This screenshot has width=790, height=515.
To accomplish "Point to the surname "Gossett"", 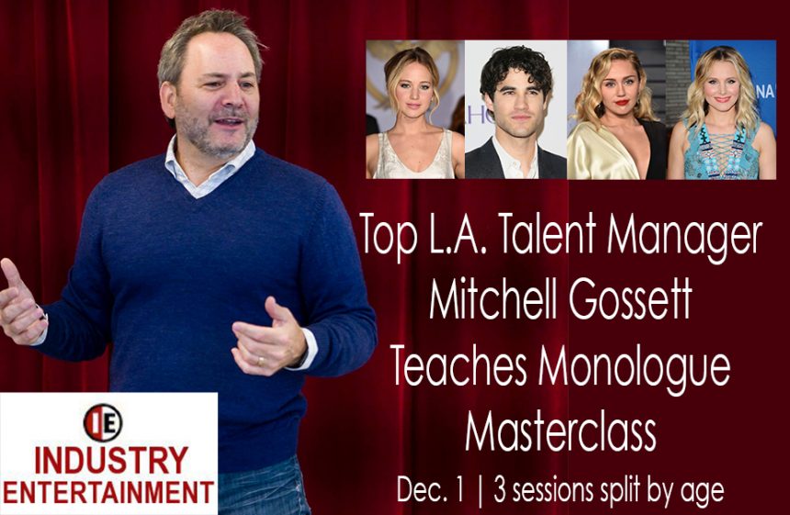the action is pyautogui.click(x=630, y=300).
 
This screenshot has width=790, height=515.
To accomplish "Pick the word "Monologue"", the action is pyautogui.click(x=634, y=370).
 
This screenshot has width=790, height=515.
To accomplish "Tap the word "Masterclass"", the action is pyautogui.click(x=560, y=432).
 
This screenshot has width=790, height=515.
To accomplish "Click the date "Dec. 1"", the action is pyautogui.click(x=430, y=489).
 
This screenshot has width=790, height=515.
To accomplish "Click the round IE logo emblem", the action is pyautogui.click(x=103, y=423).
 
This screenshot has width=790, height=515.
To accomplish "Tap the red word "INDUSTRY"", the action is pyautogui.click(x=111, y=460).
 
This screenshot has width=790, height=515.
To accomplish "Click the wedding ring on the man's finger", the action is pyautogui.click(x=260, y=361).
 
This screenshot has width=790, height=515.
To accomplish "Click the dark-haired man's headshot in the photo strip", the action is pyautogui.click(x=515, y=110).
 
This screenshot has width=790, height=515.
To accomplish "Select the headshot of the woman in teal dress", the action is pyautogui.click(x=721, y=110).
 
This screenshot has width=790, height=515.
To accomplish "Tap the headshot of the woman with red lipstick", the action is pyautogui.click(x=617, y=110).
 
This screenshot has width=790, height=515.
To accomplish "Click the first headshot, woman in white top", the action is pyautogui.click(x=415, y=110).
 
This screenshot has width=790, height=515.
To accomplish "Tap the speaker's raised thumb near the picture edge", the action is pyautogui.click(x=11, y=274).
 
